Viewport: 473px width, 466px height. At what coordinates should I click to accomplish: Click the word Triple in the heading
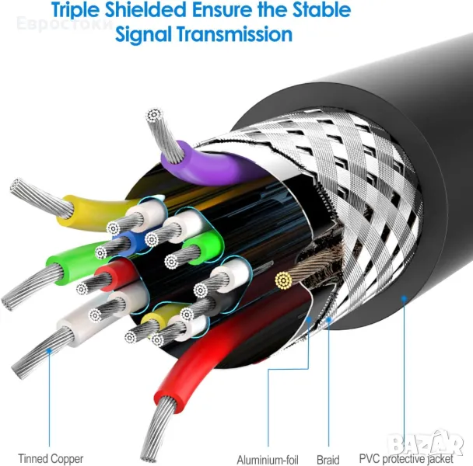pyautogui.click(x=75, y=10)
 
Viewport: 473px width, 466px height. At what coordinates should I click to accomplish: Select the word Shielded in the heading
pyautogui.click(x=145, y=9)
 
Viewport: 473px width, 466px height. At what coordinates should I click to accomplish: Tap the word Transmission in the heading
pyautogui.click(x=235, y=33)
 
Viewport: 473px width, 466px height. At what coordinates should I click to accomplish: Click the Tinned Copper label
pyautogui.click(x=51, y=459)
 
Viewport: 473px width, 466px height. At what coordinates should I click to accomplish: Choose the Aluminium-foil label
pyautogui.click(x=268, y=460)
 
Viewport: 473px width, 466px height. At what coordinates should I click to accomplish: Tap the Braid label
pyautogui.click(x=328, y=460)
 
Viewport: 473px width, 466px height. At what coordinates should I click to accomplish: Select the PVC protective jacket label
pyautogui.click(x=406, y=459)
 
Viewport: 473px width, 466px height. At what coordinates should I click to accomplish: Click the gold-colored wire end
pyautogui.click(x=283, y=280)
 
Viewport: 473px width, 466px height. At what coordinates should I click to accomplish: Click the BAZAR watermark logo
pyautogui.click(x=426, y=443)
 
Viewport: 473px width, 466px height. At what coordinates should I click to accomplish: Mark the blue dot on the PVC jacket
pyautogui.click(x=404, y=298)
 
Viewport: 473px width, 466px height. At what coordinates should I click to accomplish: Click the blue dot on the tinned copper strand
pyautogui.click(x=49, y=350)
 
